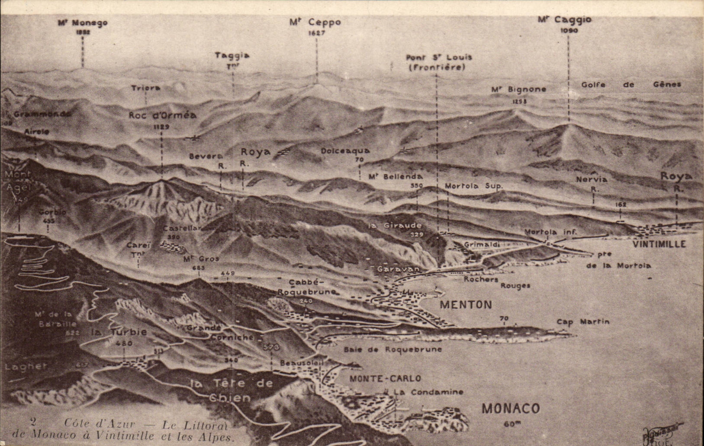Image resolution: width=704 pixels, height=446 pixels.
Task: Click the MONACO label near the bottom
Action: (511, 408)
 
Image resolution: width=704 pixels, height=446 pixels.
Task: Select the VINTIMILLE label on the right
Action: (659, 244)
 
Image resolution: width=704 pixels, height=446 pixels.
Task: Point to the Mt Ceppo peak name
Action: (315, 22)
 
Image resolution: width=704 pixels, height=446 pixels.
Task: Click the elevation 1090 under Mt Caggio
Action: (569, 31)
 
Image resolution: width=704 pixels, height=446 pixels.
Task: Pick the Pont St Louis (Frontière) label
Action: (439, 62)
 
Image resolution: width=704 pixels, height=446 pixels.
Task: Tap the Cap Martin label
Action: (583, 322)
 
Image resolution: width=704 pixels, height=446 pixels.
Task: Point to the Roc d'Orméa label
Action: (162, 115)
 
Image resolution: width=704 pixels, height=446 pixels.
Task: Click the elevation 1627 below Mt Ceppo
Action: (316, 33)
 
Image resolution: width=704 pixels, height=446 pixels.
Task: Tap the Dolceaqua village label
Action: (345, 151)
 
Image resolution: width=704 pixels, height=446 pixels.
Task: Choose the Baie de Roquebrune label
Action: (393, 349)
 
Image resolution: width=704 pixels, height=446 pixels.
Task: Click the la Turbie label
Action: (119, 332)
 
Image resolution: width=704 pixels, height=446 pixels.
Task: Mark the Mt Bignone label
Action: (518, 89)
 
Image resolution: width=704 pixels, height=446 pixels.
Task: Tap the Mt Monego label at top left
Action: (83, 23)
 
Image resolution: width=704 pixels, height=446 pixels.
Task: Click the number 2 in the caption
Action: (33, 422)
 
